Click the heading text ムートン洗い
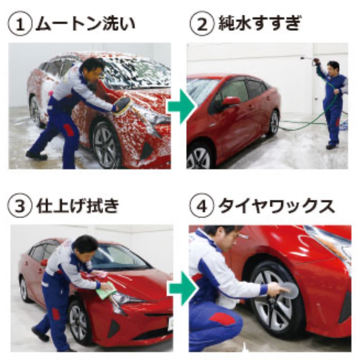(85, 24)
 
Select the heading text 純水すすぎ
(260, 24)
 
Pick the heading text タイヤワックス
(276, 206)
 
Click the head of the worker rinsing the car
(334, 68)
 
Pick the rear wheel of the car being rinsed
(274, 123)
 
